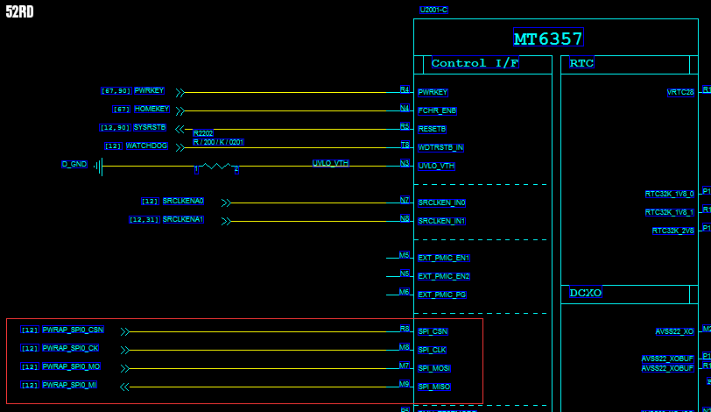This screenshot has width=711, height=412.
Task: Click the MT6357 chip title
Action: click(548, 39)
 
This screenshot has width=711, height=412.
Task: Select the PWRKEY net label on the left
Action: click(149, 91)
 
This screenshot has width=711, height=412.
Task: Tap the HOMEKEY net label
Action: click(152, 110)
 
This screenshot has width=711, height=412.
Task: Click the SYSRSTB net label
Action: click(150, 128)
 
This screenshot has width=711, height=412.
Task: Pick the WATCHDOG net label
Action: click(146, 146)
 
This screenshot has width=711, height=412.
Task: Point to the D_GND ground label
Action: click(74, 165)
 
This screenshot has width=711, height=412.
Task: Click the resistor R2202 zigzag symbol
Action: click(215, 166)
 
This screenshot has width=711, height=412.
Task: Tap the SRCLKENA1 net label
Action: click(183, 220)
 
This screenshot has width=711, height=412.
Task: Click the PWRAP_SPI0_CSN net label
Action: click(73, 330)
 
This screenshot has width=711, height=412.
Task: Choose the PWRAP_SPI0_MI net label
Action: click(70, 386)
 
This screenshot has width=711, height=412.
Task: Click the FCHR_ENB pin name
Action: click(437, 110)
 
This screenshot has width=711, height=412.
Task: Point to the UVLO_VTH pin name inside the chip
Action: click(437, 166)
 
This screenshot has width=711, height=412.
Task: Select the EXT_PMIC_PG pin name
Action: click(442, 295)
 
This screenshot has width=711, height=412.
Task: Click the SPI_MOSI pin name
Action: click(434, 368)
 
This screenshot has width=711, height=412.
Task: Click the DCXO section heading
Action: click(586, 294)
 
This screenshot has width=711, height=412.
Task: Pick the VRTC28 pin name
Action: click(680, 92)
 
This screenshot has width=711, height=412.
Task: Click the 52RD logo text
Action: click(19, 12)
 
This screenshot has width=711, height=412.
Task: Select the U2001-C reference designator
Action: click(433, 10)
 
